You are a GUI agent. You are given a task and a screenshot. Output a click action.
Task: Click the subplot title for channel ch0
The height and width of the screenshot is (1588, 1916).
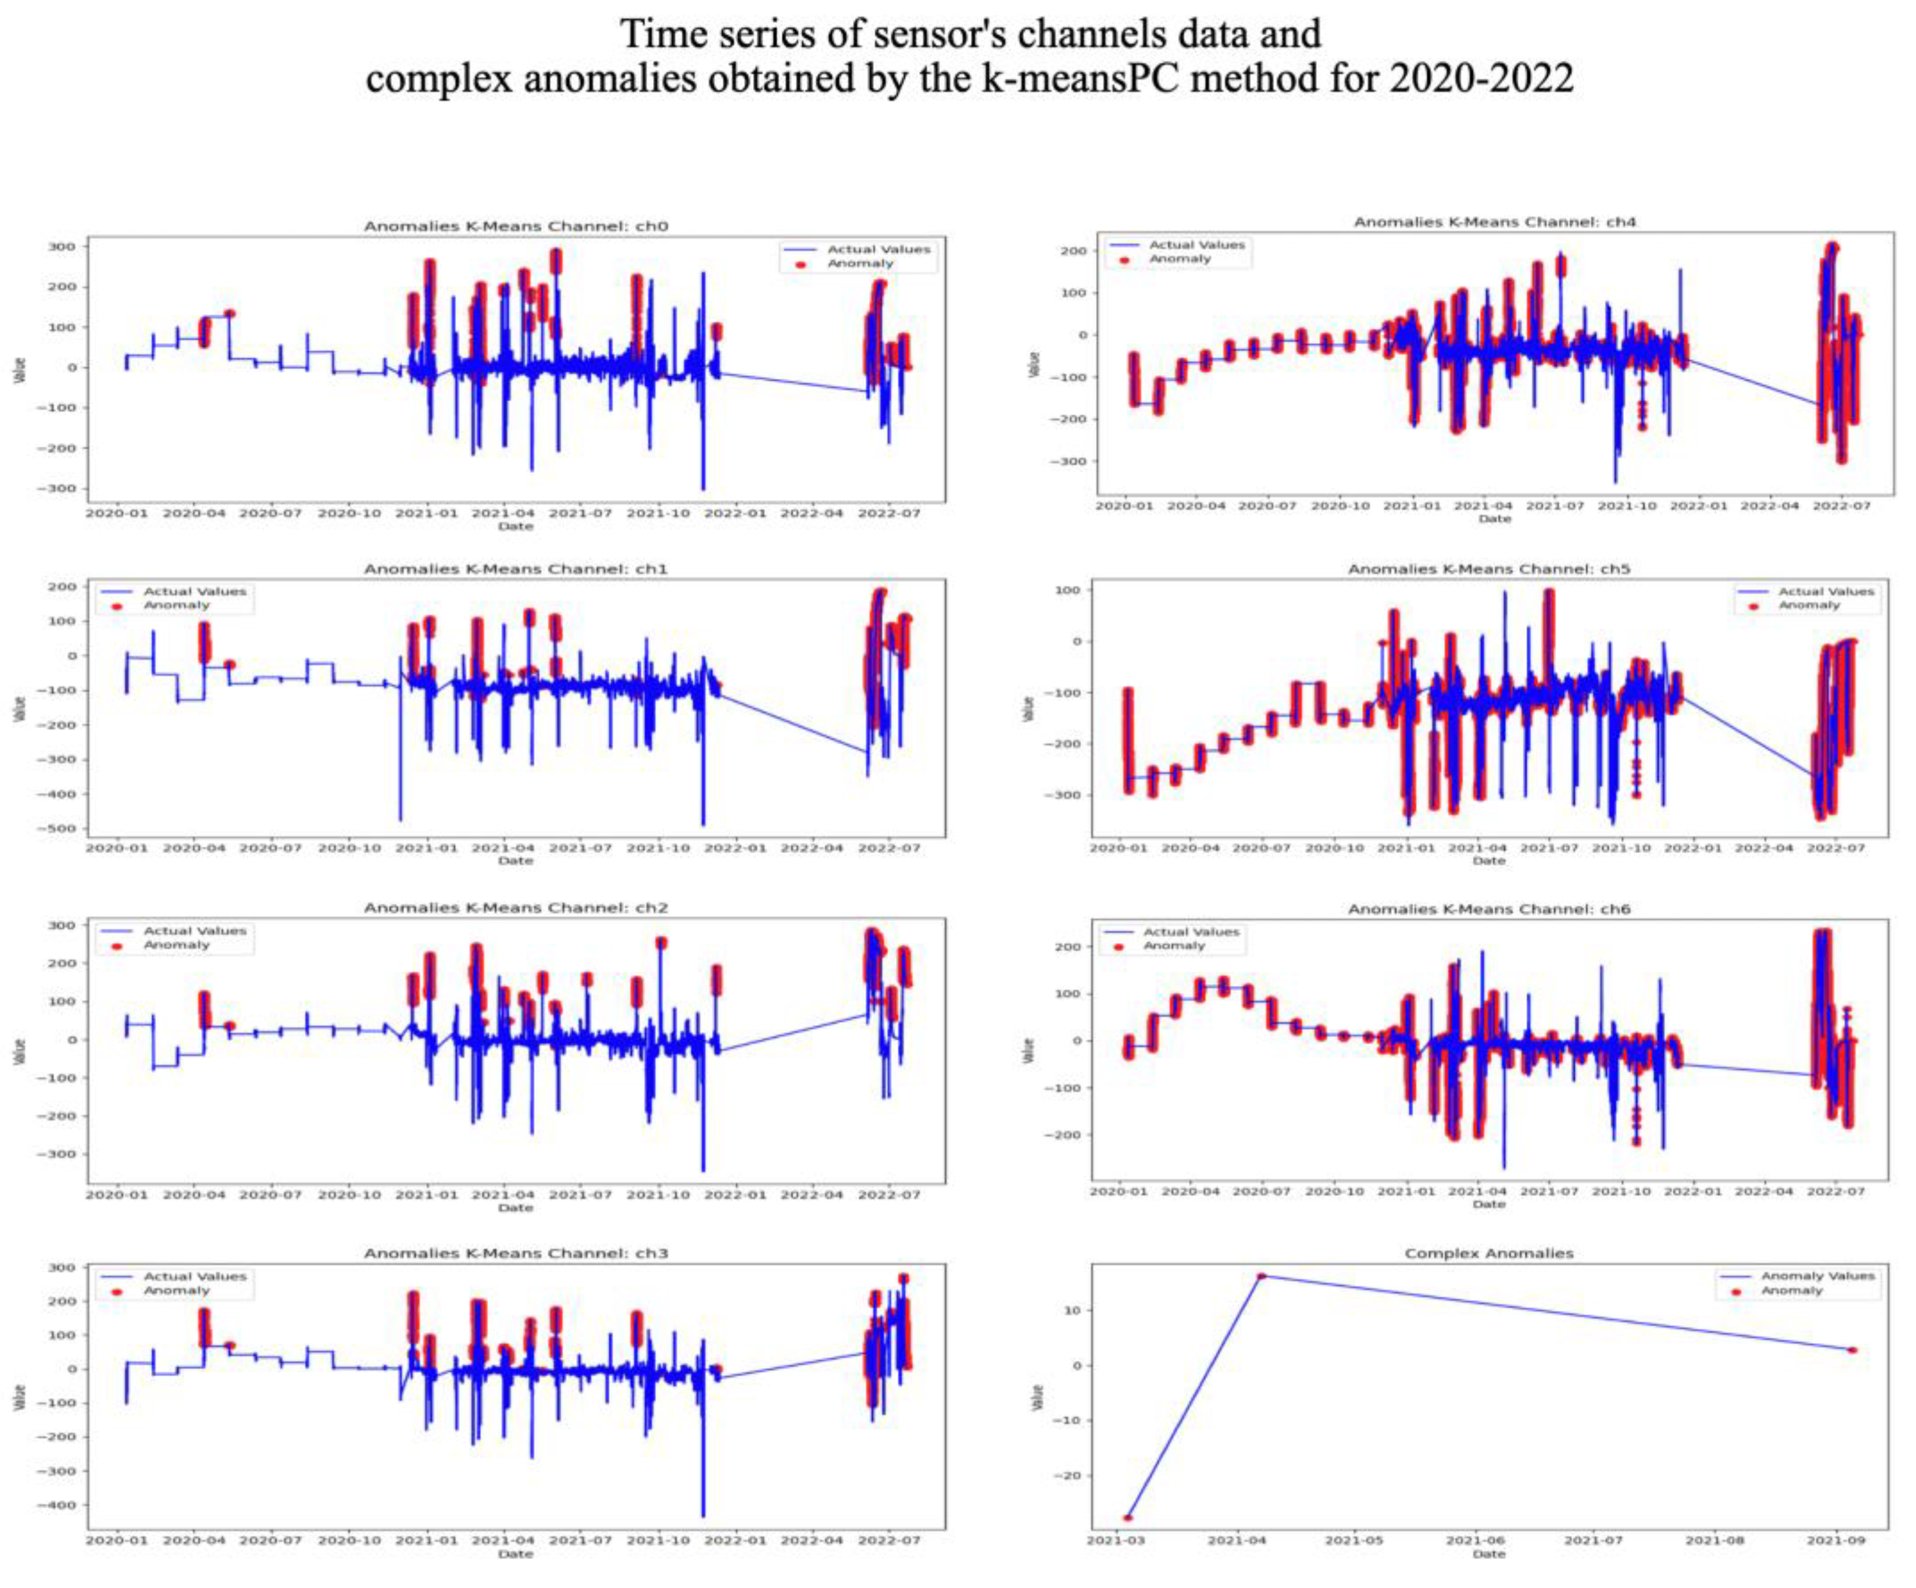pos(516,225)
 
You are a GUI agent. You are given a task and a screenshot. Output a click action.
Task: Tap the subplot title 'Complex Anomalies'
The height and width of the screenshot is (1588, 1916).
pos(1488,1253)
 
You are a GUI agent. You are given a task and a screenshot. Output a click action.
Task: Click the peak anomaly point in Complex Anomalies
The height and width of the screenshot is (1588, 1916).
pos(1262,1276)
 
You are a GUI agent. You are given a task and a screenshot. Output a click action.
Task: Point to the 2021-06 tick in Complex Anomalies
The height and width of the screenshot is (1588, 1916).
pos(1475,1540)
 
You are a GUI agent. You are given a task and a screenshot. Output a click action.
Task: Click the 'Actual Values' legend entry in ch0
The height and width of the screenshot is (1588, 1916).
pos(878,249)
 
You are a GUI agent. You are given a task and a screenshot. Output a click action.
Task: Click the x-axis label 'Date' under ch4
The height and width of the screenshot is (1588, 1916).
pos(1494,519)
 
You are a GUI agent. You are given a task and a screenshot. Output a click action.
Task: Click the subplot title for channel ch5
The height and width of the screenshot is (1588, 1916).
pos(1488,568)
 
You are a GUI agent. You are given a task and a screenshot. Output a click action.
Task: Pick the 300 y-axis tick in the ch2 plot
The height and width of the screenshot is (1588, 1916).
pos(62,925)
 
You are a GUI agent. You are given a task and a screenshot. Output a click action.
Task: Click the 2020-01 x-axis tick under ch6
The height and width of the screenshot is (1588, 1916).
pos(1118,1190)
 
